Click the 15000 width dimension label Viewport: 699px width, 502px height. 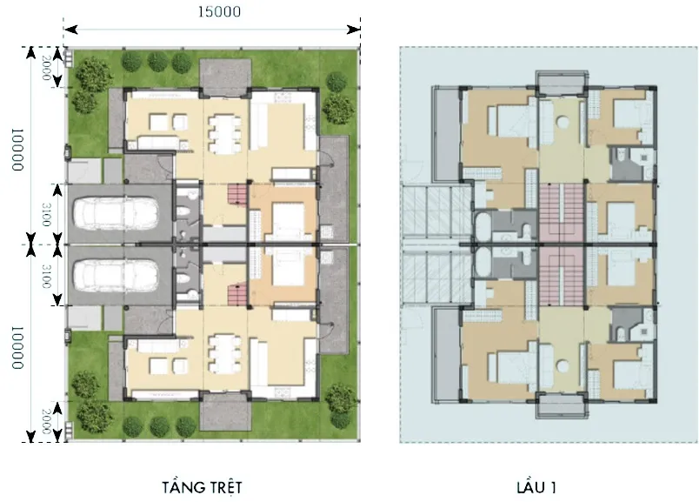click(x=219, y=11)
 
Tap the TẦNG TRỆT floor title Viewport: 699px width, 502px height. click(x=202, y=487)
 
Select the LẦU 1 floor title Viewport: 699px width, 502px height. click(x=536, y=487)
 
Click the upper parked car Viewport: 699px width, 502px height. click(x=116, y=213)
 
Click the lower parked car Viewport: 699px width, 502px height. click(x=116, y=275)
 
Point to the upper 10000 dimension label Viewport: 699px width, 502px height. click(x=17, y=150)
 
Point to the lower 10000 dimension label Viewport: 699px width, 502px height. click(x=17, y=348)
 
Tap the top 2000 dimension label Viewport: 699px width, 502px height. click(x=46, y=68)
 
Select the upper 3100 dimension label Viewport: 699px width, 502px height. click(x=46, y=214)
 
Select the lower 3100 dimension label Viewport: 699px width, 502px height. click(x=46, y=276)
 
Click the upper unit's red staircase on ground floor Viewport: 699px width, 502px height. click(x=237, y=195)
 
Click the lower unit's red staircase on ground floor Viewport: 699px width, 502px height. click(x=237, y=295)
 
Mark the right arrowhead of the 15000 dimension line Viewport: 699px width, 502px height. click(x=354, y=30)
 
